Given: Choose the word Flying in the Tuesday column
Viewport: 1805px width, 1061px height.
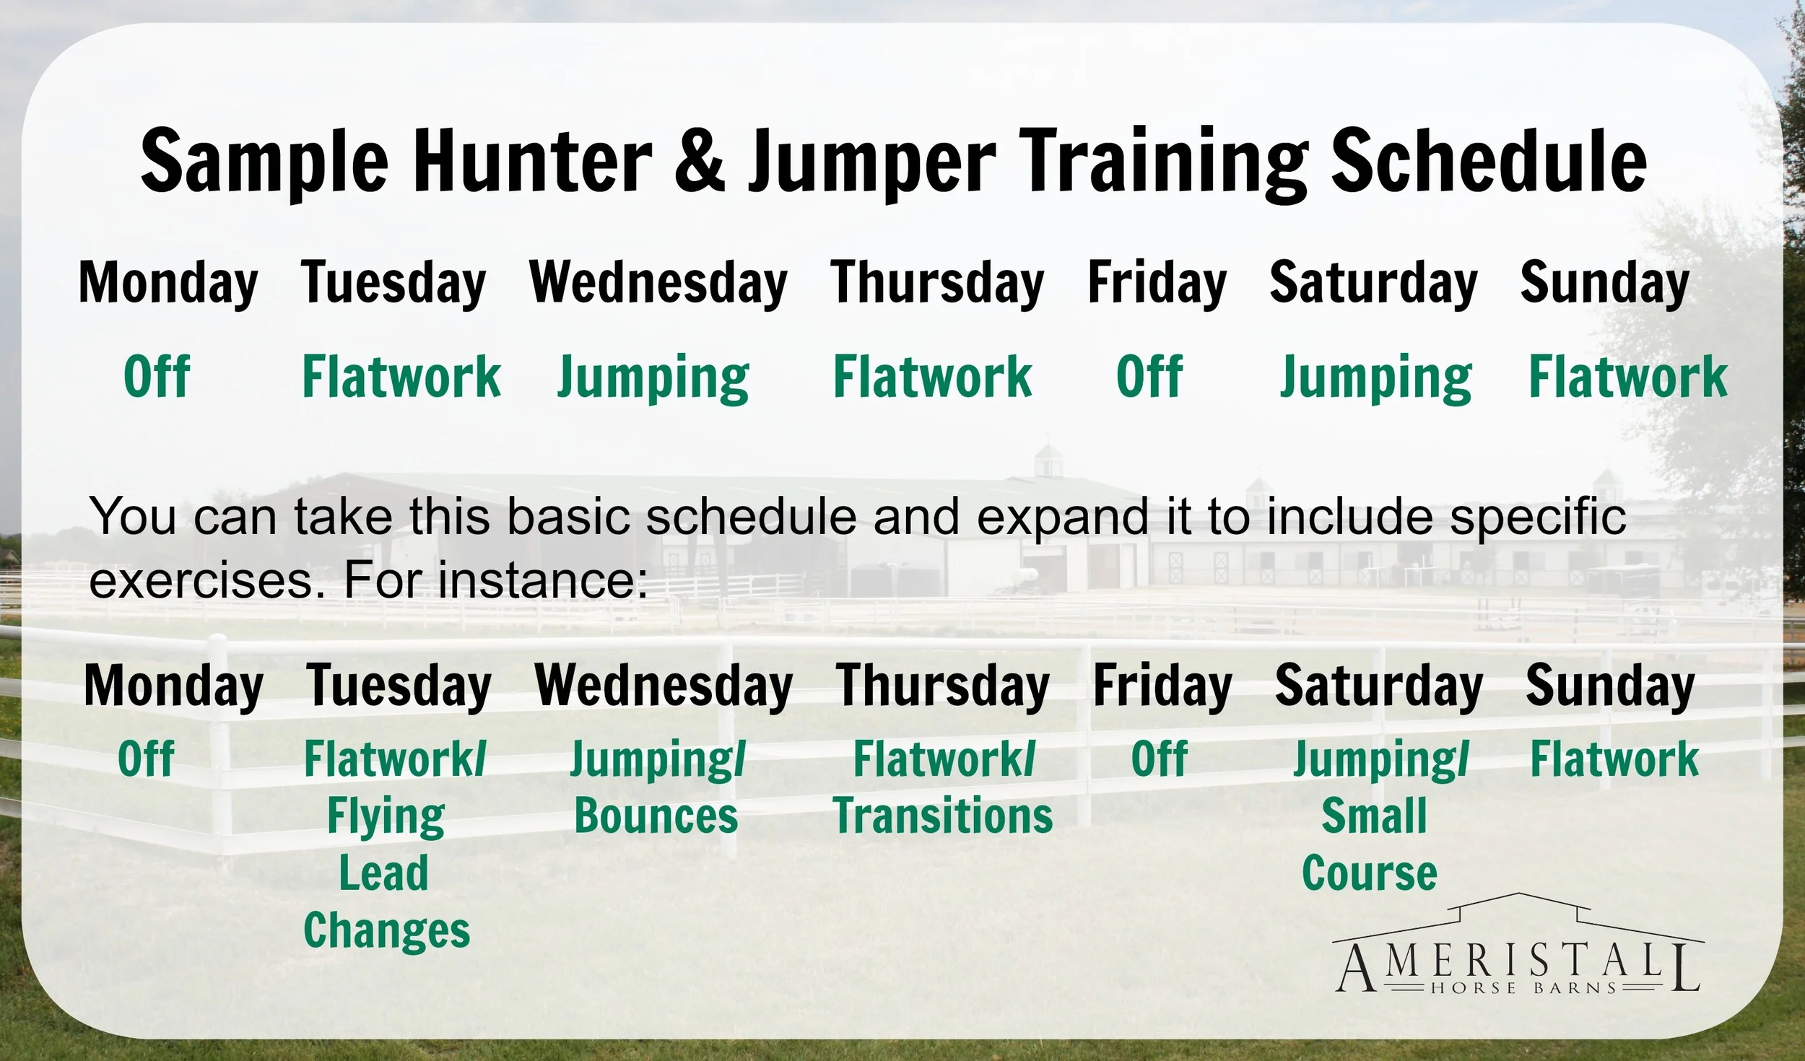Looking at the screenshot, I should [386, 817].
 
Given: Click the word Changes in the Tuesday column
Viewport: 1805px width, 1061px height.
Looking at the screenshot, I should [386, 930].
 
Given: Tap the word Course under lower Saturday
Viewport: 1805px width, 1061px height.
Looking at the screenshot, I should [1370, 873].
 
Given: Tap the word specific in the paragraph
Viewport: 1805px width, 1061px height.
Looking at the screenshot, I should [1538, 517].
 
